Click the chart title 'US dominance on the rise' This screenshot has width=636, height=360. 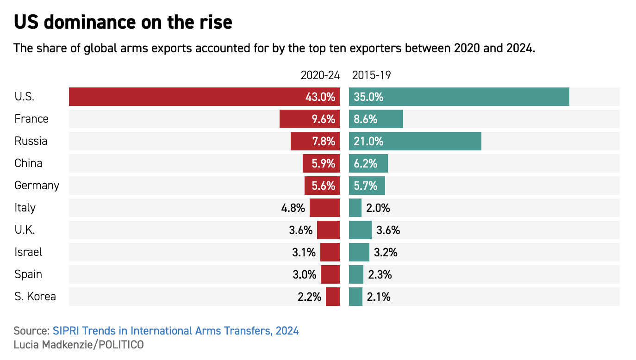pyautogui.click(x=123, y=22)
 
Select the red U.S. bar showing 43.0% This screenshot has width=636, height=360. pyautogui.click(x=204, y=97)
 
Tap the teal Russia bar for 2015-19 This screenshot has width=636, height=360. pyautogui.click(x=415, y=141)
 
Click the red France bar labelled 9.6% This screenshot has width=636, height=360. pyautogui.click(x=309, y=119)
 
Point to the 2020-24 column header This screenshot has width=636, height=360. pyautogui.click(x=320, y=75)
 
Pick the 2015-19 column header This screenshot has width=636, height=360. pyautogui.click(x=371, y=75)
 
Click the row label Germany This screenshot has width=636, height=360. pyautogui.click(x=37, y=186)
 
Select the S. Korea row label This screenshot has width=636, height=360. pyautogui.click(x=35, y=297)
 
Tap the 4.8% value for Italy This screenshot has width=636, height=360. pyautogui.click(x=293, y=208)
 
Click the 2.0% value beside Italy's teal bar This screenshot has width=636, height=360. pyautogui.click(x=378, y=208)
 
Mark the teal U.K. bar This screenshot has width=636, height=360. pyautogui.click(x=360, y=230)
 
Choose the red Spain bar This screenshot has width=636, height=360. pyautogui.click(x=330, y=274)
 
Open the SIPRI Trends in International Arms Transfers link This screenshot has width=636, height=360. pyautogui.click(x=175, y=331)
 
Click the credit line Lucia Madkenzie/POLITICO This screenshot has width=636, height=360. pyautogui.click(x=79, y=345)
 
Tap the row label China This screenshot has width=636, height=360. pyautogui.click(x=28, y=163)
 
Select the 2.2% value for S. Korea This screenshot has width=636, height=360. pyautogui.click(x=309, y=297)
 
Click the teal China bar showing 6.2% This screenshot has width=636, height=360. pyautogui.click(x=368, y=163)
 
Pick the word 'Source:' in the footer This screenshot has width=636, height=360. pyautogui.click(x=31, y=331)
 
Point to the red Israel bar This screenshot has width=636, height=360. pyautogui.click(x=330, y=252)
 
